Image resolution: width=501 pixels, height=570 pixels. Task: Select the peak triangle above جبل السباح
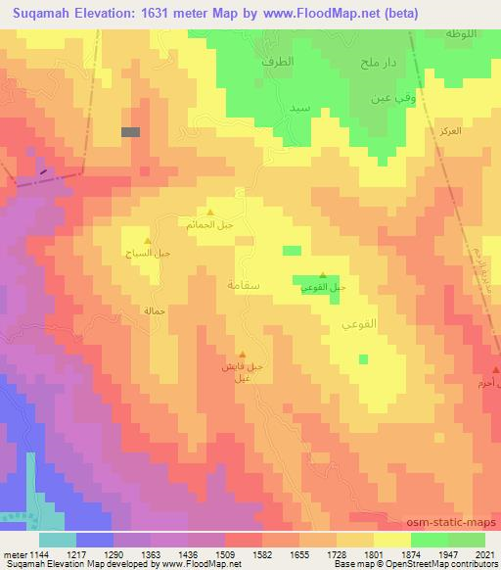148,241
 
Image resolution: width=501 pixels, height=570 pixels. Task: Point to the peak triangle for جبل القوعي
323,274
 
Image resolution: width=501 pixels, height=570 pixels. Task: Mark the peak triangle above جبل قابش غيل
244,355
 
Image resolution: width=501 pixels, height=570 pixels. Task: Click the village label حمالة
157,310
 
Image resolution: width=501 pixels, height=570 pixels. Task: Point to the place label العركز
450,130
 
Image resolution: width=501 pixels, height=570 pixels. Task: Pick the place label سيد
301,106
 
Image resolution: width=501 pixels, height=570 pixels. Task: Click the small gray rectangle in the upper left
130,131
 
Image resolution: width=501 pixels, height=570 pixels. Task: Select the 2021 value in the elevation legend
484,553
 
